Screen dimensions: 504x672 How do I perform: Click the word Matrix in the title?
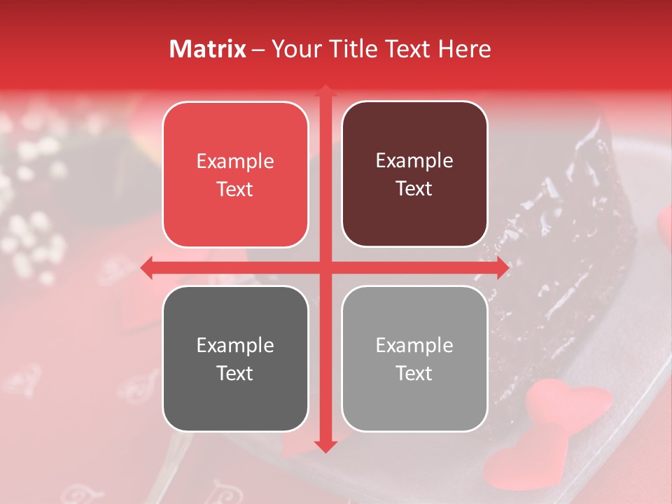pos(208,49)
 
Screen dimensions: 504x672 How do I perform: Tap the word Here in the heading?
pos(464,49)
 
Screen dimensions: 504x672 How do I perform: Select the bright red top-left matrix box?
pos(235,174)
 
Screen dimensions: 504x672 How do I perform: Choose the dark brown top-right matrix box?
pos(414,174)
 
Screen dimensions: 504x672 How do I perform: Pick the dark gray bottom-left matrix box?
pos(235,358)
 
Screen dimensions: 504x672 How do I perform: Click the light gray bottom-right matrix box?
pos(414,358)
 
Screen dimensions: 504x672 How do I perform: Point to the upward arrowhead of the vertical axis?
pos(325,92)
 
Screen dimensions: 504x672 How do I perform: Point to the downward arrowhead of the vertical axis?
pos(325,446)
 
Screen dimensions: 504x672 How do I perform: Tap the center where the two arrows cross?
pos(325,267)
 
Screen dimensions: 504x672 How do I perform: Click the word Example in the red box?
pos(235,162)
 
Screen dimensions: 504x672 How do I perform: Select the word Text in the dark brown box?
pos(414,189)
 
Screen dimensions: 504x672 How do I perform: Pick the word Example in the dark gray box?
pos(235,346)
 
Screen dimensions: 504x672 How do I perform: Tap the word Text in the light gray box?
pos(414,374)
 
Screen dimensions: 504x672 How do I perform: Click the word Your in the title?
pos(293,49)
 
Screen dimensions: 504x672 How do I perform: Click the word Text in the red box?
pos(235,190)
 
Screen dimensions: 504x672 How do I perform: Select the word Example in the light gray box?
pos(414,345)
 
